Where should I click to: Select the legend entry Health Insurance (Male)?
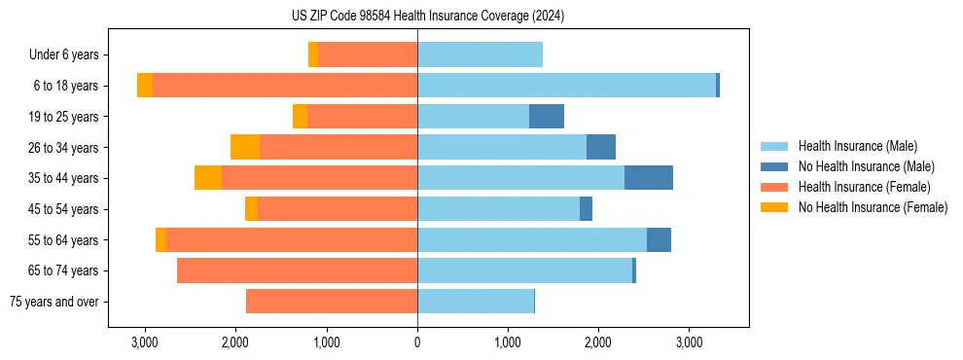(857, 146)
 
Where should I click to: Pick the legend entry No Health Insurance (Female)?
(873, 207)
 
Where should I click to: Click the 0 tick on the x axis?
(417, 342)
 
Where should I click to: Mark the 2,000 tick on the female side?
(235, 342)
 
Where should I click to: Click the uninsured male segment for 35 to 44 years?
(649, 178)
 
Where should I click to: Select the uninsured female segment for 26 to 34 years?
(245, 147)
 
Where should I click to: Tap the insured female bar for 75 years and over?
(332, 302)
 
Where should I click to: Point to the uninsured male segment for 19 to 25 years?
(547, 117)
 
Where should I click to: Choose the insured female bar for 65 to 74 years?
(297, 270)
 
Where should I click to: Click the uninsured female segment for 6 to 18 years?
(145, 86)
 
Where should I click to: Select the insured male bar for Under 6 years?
(480, 55)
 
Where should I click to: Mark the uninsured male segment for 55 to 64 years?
(659, 239)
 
